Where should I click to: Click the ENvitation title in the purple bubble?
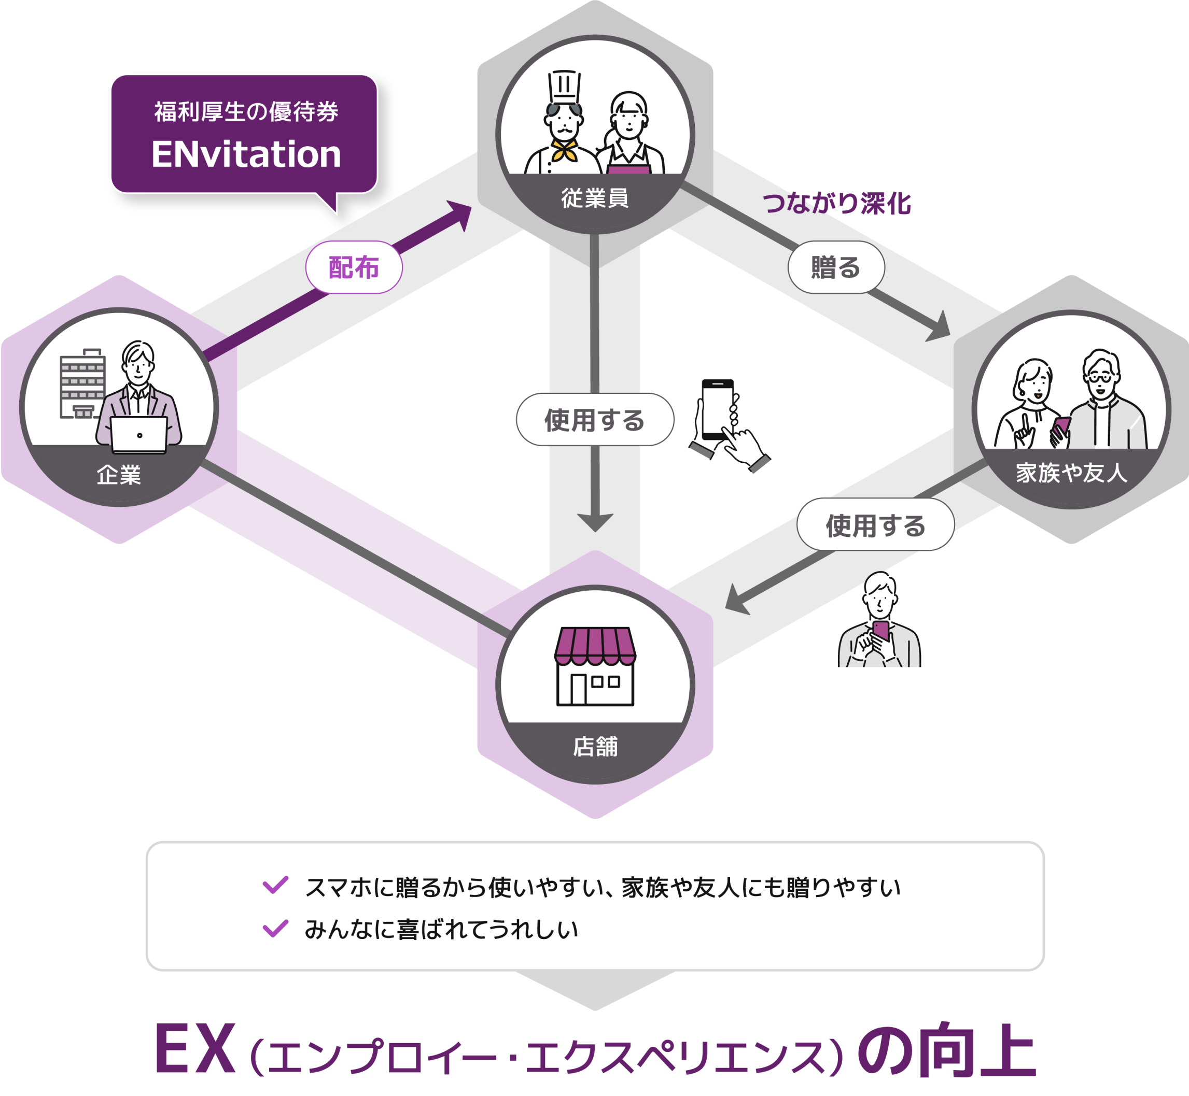[246, 154]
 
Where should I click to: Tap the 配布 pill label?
[354, 267]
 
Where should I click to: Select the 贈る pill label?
[835, 267]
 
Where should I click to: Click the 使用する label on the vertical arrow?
[594, 420]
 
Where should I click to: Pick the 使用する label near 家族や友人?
[875, 525]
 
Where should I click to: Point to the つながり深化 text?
[836, 204]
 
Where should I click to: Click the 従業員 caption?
[594, 197]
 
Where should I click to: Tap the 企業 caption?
[119, 475]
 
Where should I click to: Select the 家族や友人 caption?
[1071, 473]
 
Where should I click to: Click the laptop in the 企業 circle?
[139, 435]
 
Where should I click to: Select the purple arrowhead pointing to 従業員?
[458, 214]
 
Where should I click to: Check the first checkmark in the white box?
[275, 885]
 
